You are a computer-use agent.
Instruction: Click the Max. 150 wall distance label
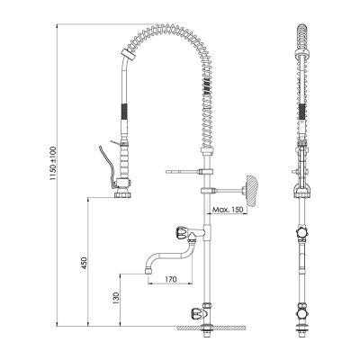pos(228,210)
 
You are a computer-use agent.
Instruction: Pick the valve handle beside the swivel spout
pos(184,234)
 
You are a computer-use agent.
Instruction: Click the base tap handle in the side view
pos(193,314)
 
